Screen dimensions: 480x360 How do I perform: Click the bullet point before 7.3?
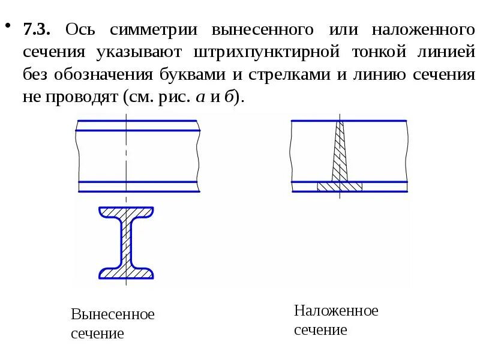click(x=8, y=26)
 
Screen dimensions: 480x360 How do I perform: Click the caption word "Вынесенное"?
click(x=113, y=314)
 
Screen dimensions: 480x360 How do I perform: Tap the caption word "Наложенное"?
click(x=336, y=311)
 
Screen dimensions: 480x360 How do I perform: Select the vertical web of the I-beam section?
click(x=126, y=243)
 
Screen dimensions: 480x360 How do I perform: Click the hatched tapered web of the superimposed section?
click(x=340, y=153)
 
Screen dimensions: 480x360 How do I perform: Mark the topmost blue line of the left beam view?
click(x=138, y=121)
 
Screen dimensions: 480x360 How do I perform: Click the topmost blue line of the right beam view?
click(x=349, y=121)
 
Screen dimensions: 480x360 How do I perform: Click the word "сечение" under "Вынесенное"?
click(x=97, y=334)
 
